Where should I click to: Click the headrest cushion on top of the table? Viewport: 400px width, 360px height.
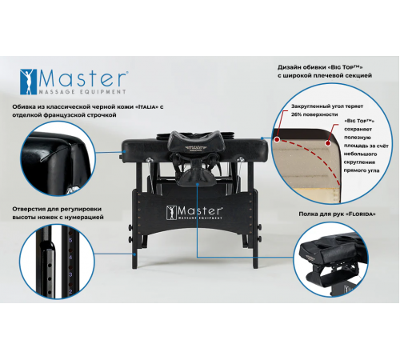click(x=192, y=147)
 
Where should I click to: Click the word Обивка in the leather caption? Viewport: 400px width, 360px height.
click(x=24, y=106)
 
